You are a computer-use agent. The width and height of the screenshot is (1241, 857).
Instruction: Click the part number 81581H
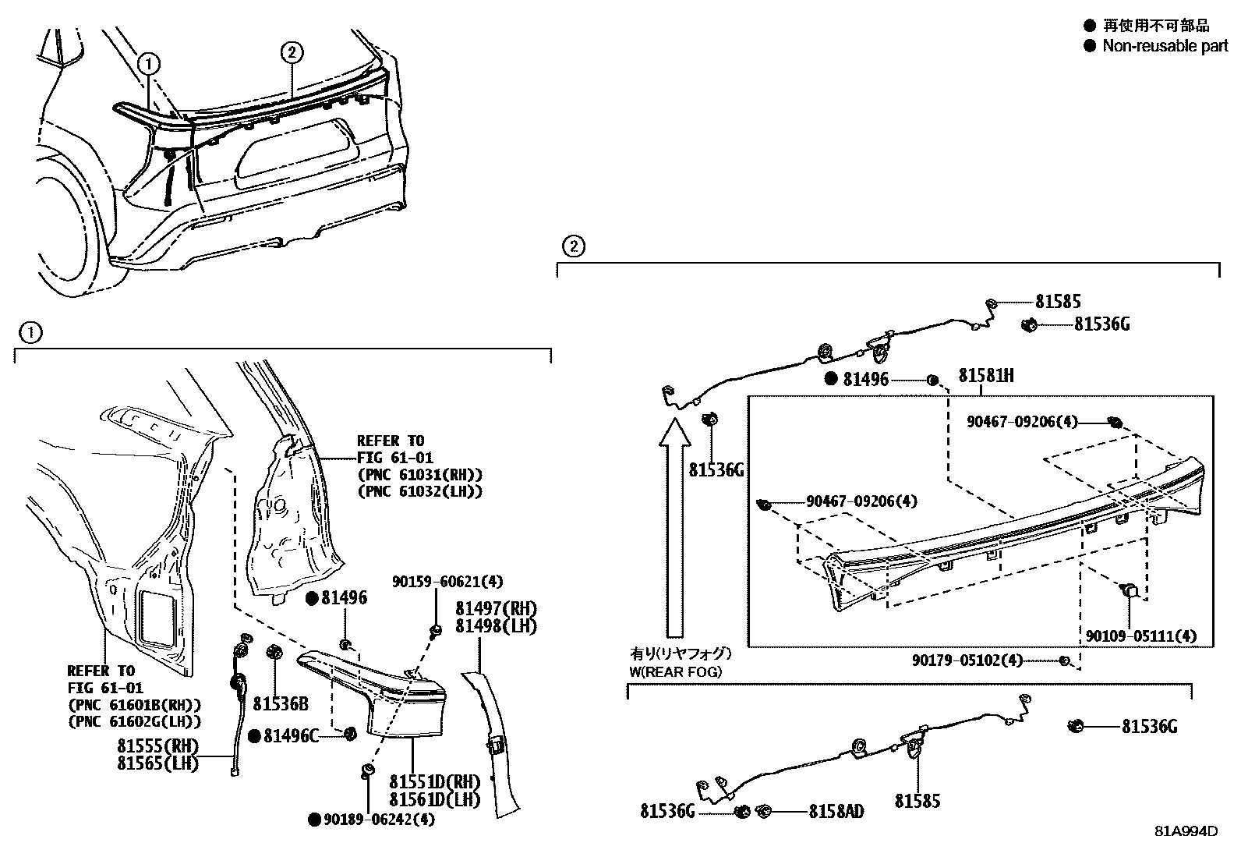click(985, 376)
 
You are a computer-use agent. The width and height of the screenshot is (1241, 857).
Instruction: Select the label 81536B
click(281, 703)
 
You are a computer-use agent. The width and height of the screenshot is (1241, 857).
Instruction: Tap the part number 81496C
click(291, 735)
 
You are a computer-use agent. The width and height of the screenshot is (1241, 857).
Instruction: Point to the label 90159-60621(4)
click(447, 582)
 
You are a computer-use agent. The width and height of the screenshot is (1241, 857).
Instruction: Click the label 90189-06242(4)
click(379, 820)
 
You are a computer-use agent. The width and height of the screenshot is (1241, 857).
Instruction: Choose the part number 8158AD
click(836, 812)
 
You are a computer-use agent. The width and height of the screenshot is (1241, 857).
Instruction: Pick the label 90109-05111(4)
click(1140, 636)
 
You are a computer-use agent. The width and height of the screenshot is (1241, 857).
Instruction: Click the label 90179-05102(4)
click(967, 660)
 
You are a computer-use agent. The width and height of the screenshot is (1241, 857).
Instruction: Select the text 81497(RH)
click(496, 609)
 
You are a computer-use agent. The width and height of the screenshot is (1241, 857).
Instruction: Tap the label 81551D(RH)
click(434, 781)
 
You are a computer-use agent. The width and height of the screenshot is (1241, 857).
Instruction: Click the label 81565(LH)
click(157, 763)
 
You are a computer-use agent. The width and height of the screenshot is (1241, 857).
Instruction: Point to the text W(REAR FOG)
click(675, 672)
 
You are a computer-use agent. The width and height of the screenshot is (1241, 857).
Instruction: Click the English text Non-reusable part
click(1165, 46)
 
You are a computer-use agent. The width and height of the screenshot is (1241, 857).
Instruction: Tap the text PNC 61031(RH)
click(420, 475)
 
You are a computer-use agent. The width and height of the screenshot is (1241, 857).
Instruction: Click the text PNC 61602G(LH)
click(134, 722)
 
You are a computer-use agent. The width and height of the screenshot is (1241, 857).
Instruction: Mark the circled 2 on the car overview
click(292, 53)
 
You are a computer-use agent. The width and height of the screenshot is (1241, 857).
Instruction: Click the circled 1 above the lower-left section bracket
click(30, 333)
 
